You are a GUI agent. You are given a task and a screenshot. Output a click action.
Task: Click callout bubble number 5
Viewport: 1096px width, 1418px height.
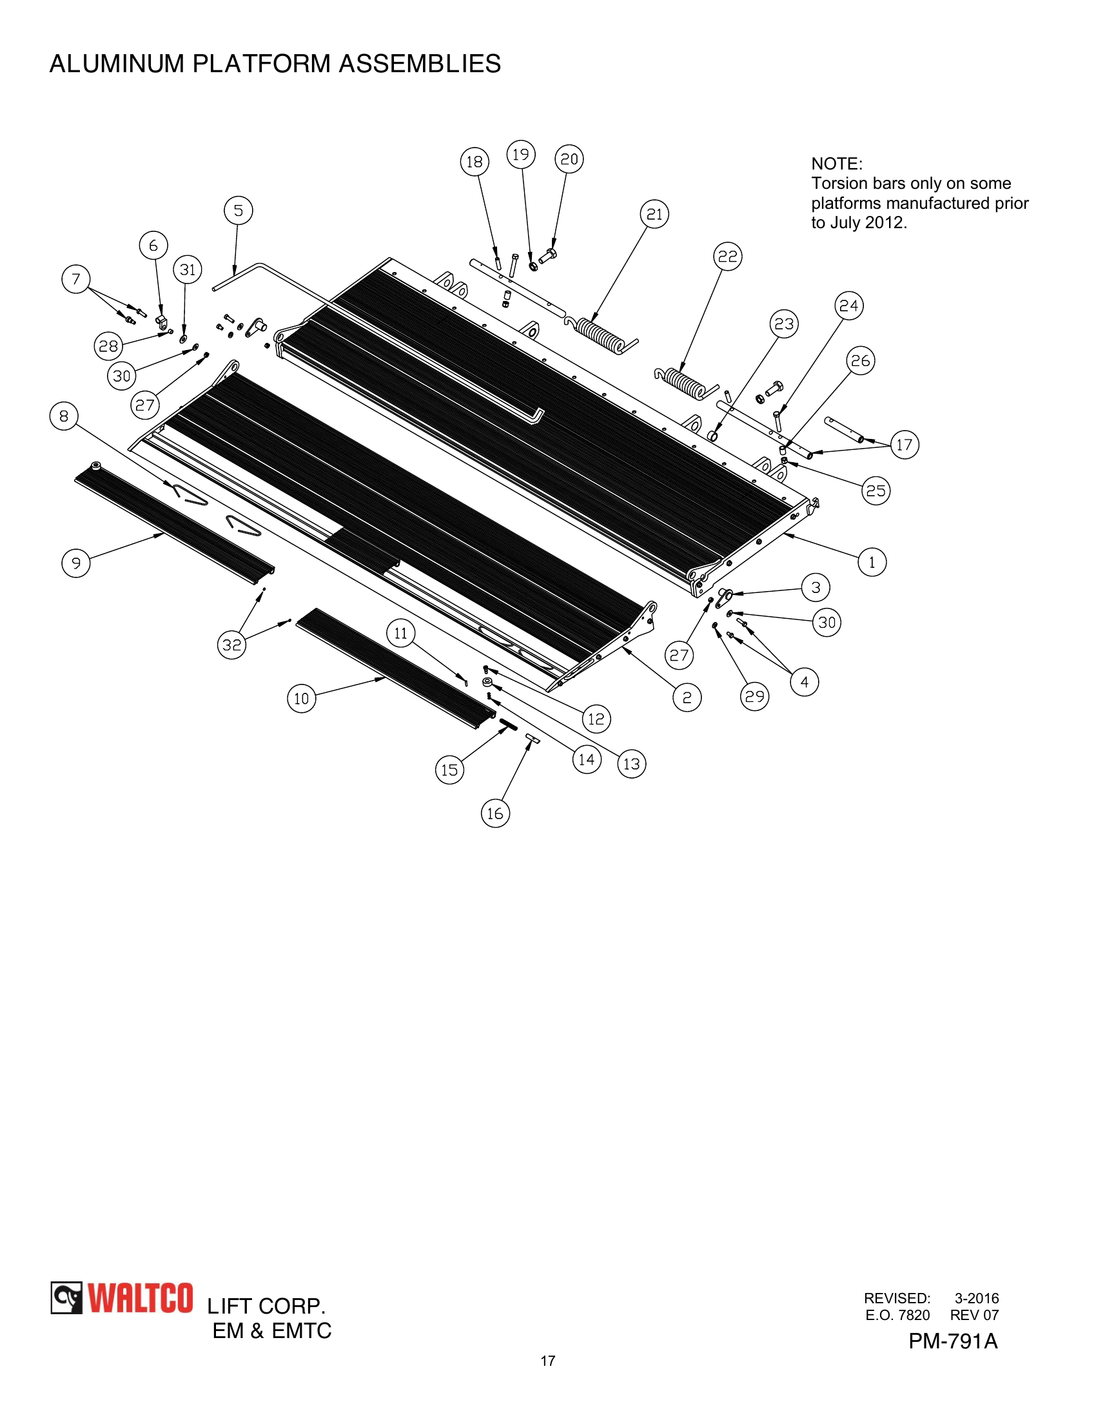239,211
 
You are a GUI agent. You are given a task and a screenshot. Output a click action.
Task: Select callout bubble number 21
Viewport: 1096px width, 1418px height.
654,214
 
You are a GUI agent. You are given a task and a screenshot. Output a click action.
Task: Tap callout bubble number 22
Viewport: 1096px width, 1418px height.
728,257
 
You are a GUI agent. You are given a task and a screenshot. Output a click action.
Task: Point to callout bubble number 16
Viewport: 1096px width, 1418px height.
495,813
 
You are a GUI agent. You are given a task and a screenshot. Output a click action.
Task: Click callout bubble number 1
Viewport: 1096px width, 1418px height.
872,562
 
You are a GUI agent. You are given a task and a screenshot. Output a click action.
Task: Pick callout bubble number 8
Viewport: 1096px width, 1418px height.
64,416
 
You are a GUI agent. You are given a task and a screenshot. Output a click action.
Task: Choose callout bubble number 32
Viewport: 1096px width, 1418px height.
232,645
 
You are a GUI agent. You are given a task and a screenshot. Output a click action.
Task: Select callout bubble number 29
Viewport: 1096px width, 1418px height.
754,697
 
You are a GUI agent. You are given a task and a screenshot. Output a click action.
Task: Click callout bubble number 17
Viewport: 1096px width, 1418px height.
905,445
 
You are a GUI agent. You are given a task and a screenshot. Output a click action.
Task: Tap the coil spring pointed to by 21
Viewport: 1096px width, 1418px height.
601,333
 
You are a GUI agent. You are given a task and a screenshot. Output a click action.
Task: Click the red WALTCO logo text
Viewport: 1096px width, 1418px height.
141,1299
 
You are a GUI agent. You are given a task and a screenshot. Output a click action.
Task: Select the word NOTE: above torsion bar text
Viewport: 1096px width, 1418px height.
836,164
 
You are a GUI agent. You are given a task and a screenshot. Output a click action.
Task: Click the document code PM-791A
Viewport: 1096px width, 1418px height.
952,1341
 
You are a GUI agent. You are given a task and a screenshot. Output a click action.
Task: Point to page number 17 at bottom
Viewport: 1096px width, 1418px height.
548,1361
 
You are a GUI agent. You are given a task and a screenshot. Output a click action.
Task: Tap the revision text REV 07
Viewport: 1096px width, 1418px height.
974,1316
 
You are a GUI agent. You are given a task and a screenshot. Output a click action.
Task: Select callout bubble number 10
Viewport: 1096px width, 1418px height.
301,699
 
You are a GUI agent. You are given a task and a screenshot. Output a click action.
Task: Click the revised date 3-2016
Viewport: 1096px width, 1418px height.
976,1299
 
